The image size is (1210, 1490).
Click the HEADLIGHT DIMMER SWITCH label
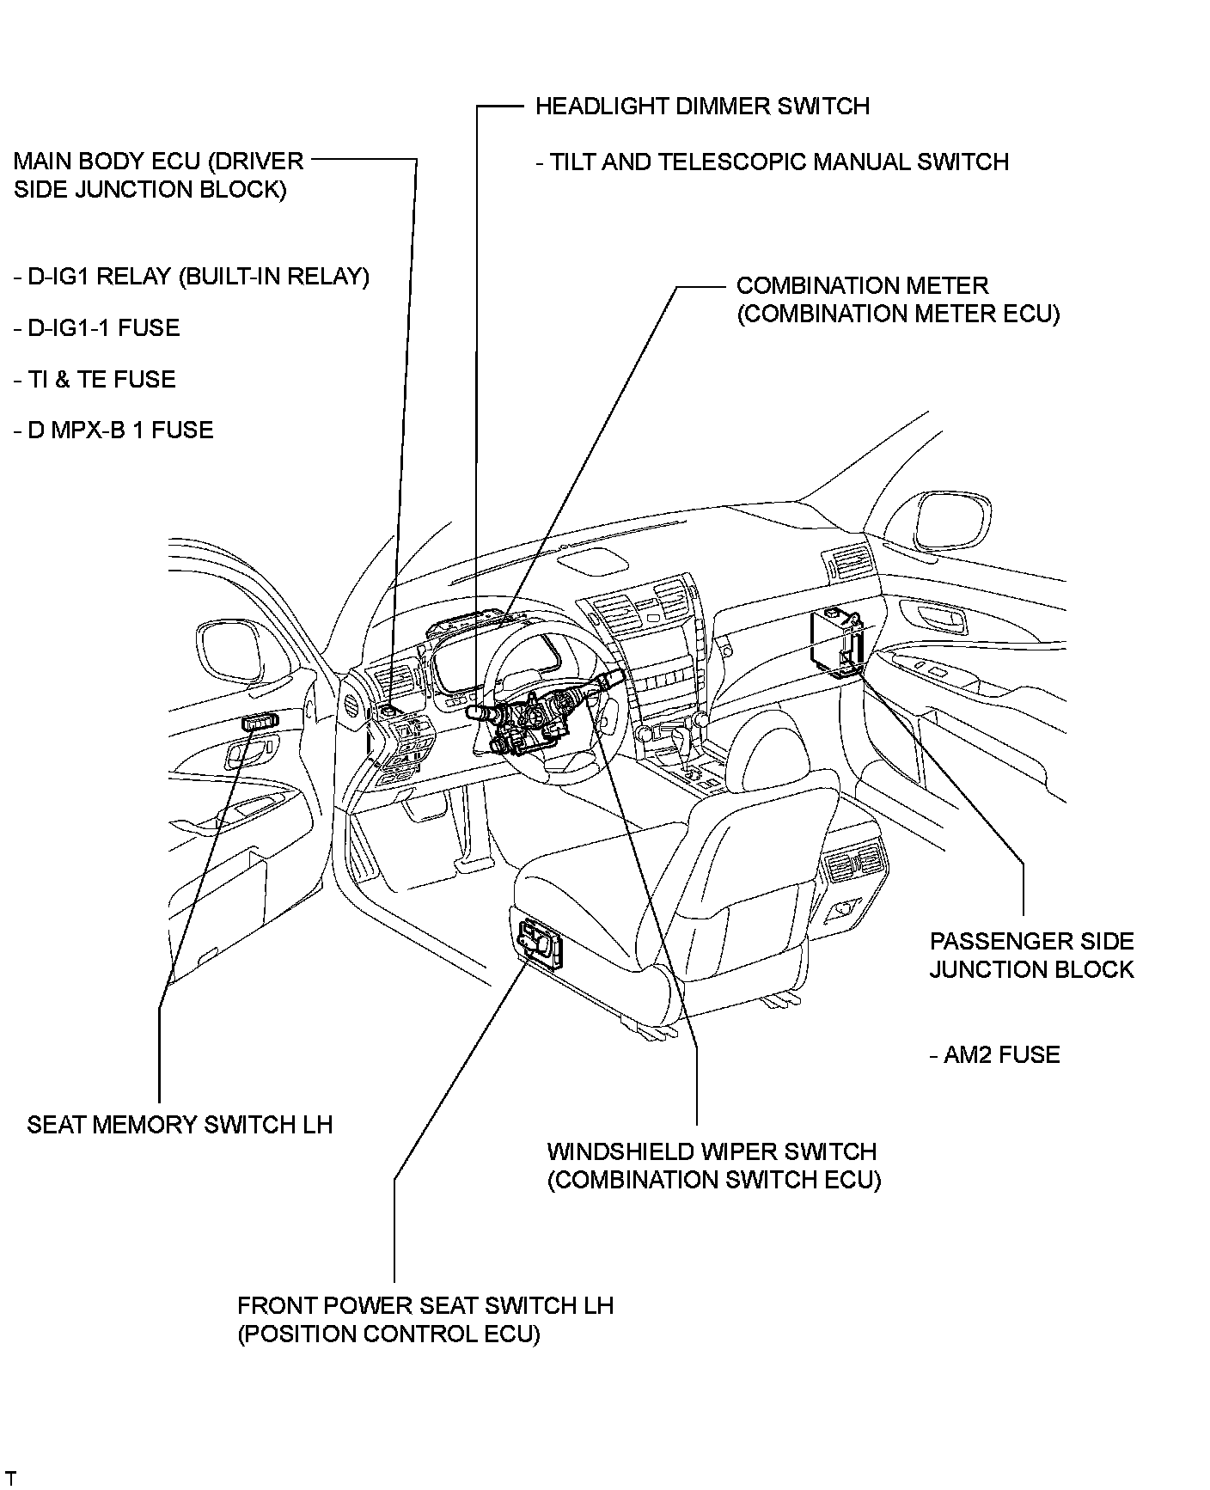pyautogui.click(x=702, y=107)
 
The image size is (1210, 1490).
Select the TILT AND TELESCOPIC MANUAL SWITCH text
pyautogui.click(x=772, y=162)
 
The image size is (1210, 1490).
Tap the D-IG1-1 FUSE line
pyautogui.click(x=97, y=328)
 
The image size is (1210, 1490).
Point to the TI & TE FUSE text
pyautogui.click(x=95, y=380)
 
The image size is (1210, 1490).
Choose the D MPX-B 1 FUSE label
pyautogui.click(x=113, y=431)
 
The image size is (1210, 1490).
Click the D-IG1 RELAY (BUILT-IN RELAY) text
pyautogui.click(x=192, y=278)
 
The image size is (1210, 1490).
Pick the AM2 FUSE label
pyautogui.click(x=995, y=1055)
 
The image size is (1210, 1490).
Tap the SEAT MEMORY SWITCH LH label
pyautogui.click(x=180, y=1125)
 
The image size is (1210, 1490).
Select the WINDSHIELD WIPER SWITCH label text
pyautogui.click(x=712, y=1152)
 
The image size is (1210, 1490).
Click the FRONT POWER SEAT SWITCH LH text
pyautogui.click(x=425, y=1306)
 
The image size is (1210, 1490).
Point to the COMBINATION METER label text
pyautogui.click(x=863, y=286)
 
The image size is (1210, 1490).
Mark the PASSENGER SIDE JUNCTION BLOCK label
pyautogui.click(x=1032, y=956)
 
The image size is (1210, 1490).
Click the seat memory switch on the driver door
pyautogui.click(x=260, y=723)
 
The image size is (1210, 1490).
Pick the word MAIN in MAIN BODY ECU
pyautogui.click(x=41, y=162)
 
